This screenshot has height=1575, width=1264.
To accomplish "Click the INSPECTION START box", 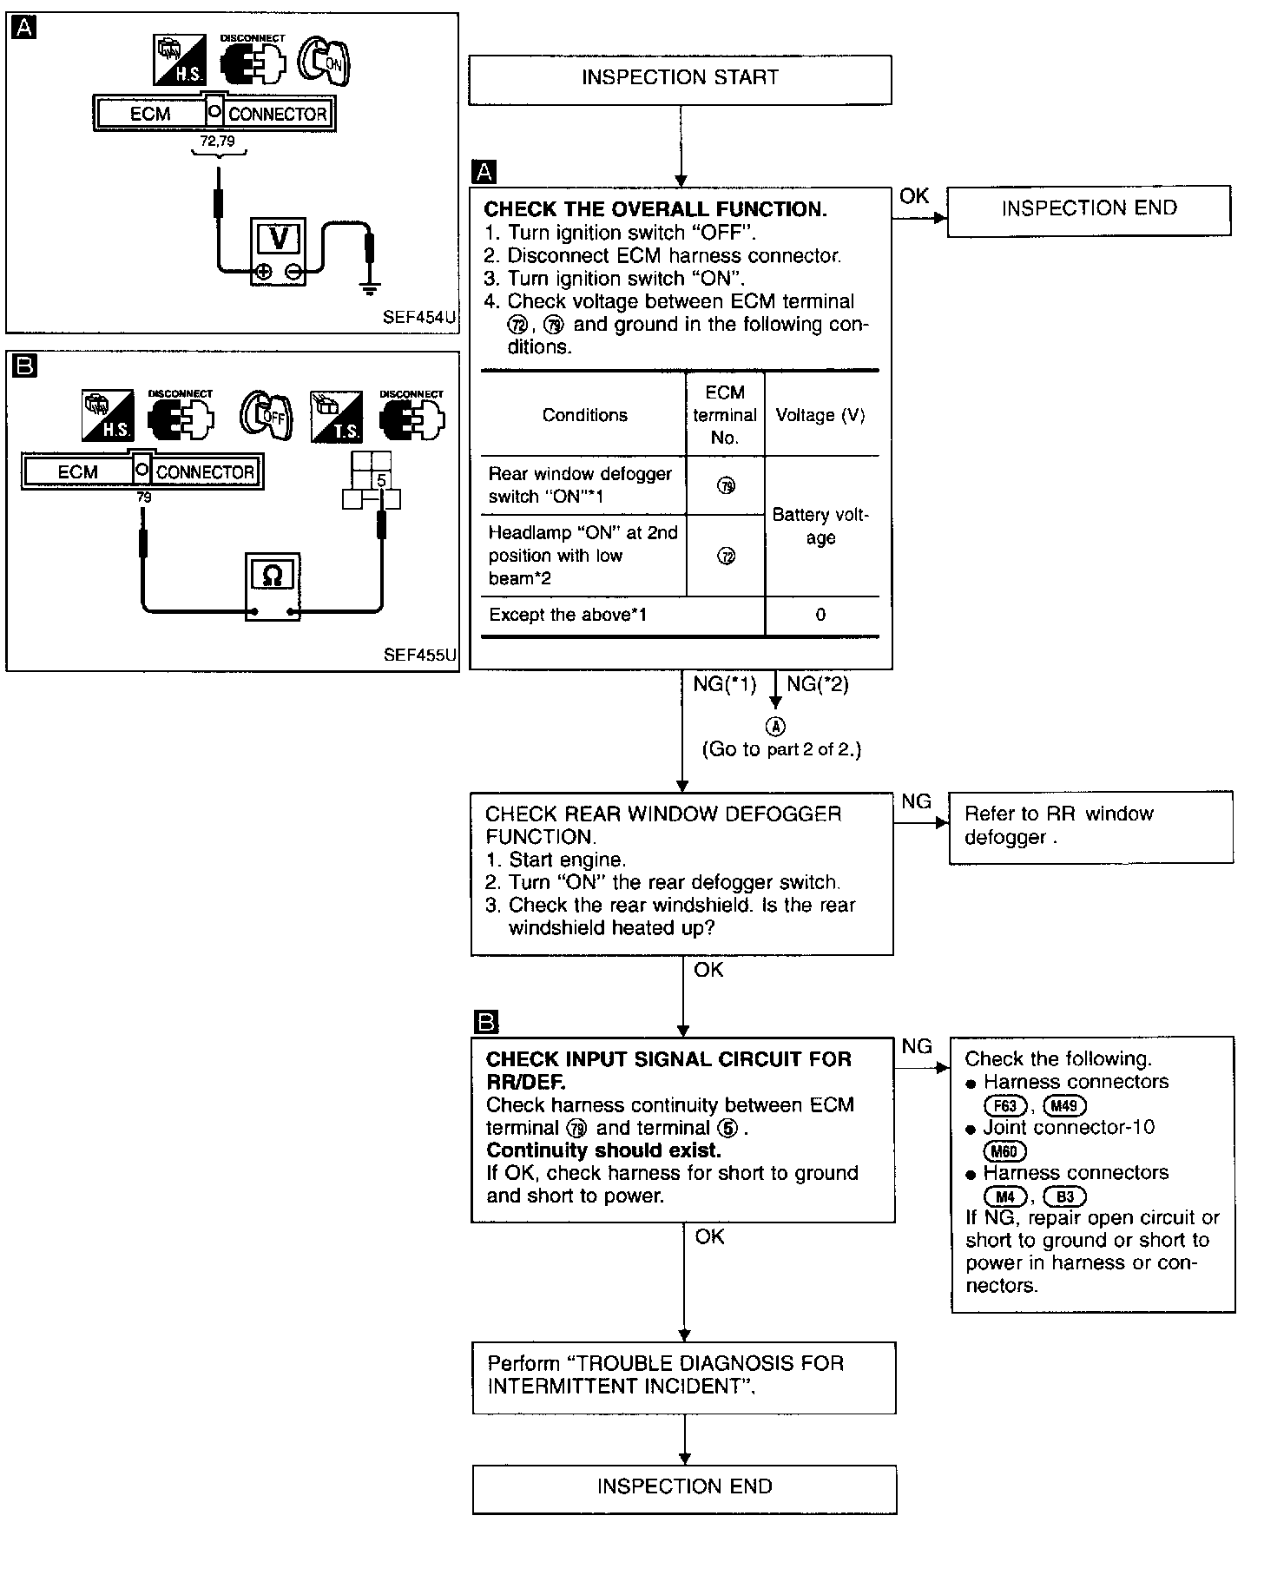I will pyautogui.click(x=680, y=79).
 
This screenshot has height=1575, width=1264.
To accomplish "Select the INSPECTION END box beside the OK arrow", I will pyautogui.click(x=1089, y=209).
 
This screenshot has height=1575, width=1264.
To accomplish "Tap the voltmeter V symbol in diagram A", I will pyautogui.click(x=280, y=238).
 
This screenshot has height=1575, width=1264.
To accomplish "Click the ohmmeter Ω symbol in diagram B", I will pyautogui.click(x=272, y=575).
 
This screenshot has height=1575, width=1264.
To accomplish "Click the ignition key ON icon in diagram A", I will pyautogui.click(x=324, y=62).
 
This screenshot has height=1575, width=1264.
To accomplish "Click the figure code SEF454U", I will pyautogui.click(x=418, y=318).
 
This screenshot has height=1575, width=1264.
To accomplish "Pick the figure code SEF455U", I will pyautogui.click(x=419, y=655).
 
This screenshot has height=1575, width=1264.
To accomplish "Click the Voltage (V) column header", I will pyautogui.click(x=820, y=415).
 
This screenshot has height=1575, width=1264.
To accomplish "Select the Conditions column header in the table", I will pyautogui.click(x=584, y=415).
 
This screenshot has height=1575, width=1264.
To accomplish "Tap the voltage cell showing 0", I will pyautogui.click(x=820, y=616).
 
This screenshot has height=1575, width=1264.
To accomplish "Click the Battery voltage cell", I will pyautogui.click(x=820, y=526).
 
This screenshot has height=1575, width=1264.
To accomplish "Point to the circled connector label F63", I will pyautogui.click(x=1005, y=1106).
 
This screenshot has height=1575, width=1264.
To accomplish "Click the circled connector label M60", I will pyautogui.click(x=1005, y=1151).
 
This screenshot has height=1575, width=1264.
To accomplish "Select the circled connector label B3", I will pyautogui.click(x=1064, y=1196).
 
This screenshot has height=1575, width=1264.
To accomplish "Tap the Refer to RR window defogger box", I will pyautogui.click(x=1090, y=827).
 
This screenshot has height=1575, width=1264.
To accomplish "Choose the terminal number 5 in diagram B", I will pyautogui.click(x=381, y=480).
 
